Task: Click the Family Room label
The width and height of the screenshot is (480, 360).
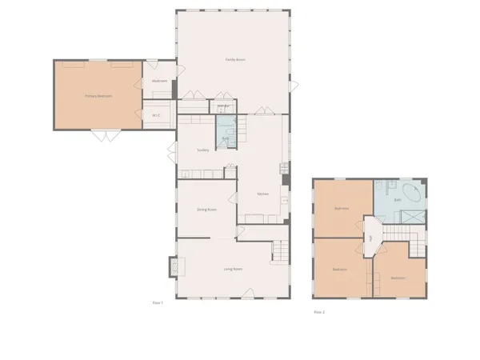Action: [234, 60]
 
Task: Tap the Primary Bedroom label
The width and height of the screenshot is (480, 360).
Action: [98, 96]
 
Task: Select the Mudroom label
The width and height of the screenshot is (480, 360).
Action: [158, 81]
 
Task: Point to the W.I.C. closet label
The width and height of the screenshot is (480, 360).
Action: [158, 114]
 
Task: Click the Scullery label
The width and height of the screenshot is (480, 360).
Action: [203, 150]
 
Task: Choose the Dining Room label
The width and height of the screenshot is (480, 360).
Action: [206, 210]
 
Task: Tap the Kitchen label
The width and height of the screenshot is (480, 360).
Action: [262, 194]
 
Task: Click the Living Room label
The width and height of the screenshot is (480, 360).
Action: [233, 269]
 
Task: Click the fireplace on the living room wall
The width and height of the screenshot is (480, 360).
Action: [171, 266]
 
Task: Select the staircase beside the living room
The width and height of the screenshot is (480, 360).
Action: [278, 250]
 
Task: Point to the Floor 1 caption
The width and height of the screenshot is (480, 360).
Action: [158, 302]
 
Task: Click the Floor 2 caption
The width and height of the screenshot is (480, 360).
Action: [319, 312]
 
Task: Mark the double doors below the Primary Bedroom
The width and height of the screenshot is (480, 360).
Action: [102, 136]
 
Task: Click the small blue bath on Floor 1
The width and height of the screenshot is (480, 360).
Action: [226, 128]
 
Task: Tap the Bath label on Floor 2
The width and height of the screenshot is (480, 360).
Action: [398, 199]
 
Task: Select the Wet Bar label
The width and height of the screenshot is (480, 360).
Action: [224, 106]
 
